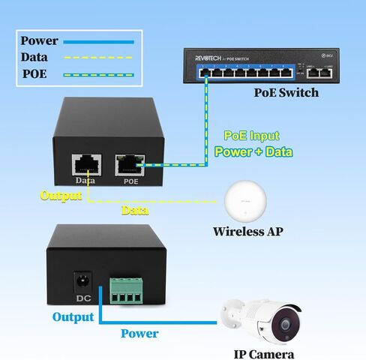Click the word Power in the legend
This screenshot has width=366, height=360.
point(37,41)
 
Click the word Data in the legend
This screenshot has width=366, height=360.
point(34,57)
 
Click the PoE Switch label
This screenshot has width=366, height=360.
point(286,93)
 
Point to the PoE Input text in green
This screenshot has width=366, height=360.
point(251,136)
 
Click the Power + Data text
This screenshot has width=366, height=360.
point(253,151)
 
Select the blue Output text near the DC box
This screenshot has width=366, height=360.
point(73,317)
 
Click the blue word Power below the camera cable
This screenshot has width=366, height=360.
point(139,333)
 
